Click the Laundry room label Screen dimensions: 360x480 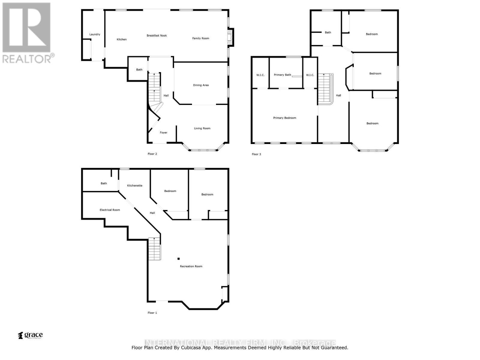pyautogui.click(x=95, y=34)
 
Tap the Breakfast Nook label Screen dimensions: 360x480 pyautogui.click(x=157, y=36)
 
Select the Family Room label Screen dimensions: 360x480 pyautogui.click(x=201, y=38)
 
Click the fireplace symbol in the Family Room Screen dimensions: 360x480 pyautogui.click(x=230, y=37)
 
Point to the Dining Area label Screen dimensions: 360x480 pyautogui.click(x=201, y=85)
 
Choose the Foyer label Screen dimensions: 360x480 pyautogui.click(x=163, y=133)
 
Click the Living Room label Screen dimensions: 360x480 pyautogui.click(x=202, y=128)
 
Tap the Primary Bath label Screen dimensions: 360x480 pyautogui.click(x=282, y=75)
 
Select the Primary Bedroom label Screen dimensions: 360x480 pyautogui.click(x=284, y=118)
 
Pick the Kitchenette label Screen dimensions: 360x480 pyautogui.click(x=135, y=186)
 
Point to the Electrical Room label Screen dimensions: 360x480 pyautogui.click(x=110, y=210)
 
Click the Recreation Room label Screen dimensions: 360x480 pyautogui.click(x=191, y=266)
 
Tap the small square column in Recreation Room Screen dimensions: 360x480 pyautogui.click(x=178, y=259)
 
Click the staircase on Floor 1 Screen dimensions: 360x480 pyautogui.click(x=154, y=249)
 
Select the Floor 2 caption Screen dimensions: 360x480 pyautogui.click(x=152, y=154)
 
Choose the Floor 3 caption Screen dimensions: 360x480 pyautogui.click(x=256, y=154)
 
